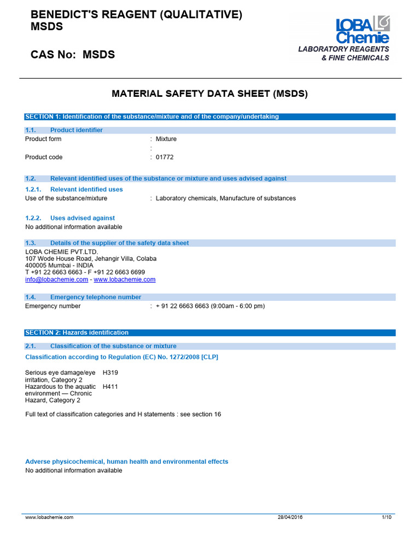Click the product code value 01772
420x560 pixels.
(165, 157)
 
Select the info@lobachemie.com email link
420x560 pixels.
(56, 279)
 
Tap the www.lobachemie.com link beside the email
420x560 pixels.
(125, 279)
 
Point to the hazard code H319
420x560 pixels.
(110, 372)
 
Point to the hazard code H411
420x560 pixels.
(110, 387)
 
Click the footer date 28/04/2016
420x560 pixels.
(289, 517)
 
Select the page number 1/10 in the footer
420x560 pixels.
(386, 517)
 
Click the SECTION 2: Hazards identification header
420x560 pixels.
(77, 332)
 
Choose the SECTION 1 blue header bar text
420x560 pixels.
(152, 116)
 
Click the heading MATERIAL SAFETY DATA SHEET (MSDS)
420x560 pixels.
(210, 94)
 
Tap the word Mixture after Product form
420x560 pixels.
(166, 139)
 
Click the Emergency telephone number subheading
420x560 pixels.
(95, 297)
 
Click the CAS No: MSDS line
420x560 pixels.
(73, 55)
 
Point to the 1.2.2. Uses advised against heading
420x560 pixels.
(82, 218)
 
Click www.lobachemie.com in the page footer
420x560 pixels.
(49, 517)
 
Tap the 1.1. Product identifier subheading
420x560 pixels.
(76, 130)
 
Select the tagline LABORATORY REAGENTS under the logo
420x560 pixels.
(343, 49)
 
